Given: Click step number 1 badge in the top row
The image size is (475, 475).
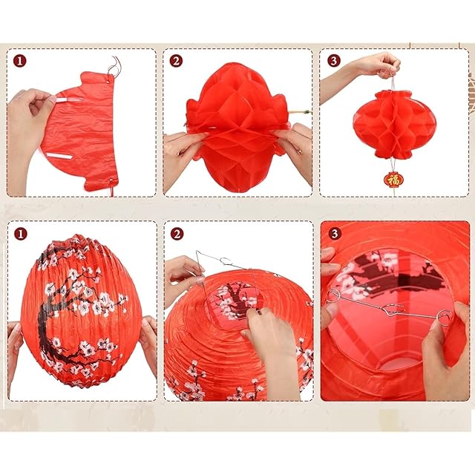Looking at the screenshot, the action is coord(20,61).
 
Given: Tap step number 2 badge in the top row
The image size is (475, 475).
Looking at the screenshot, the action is coord(176,61).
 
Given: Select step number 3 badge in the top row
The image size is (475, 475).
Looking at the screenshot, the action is coord(333,61).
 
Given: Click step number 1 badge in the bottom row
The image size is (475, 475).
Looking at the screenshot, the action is coord(20,234).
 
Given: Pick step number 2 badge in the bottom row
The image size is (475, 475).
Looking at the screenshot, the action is coord(177,234).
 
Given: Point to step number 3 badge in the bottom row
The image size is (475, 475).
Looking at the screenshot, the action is coord(335,234).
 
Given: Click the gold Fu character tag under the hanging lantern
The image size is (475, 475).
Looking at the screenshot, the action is coord(394,180).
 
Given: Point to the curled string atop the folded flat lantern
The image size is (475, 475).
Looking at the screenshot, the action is coord(114,66).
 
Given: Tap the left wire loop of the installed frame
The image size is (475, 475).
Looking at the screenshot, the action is coord(334,295).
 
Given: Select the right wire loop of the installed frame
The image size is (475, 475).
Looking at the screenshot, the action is coord(445,319).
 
